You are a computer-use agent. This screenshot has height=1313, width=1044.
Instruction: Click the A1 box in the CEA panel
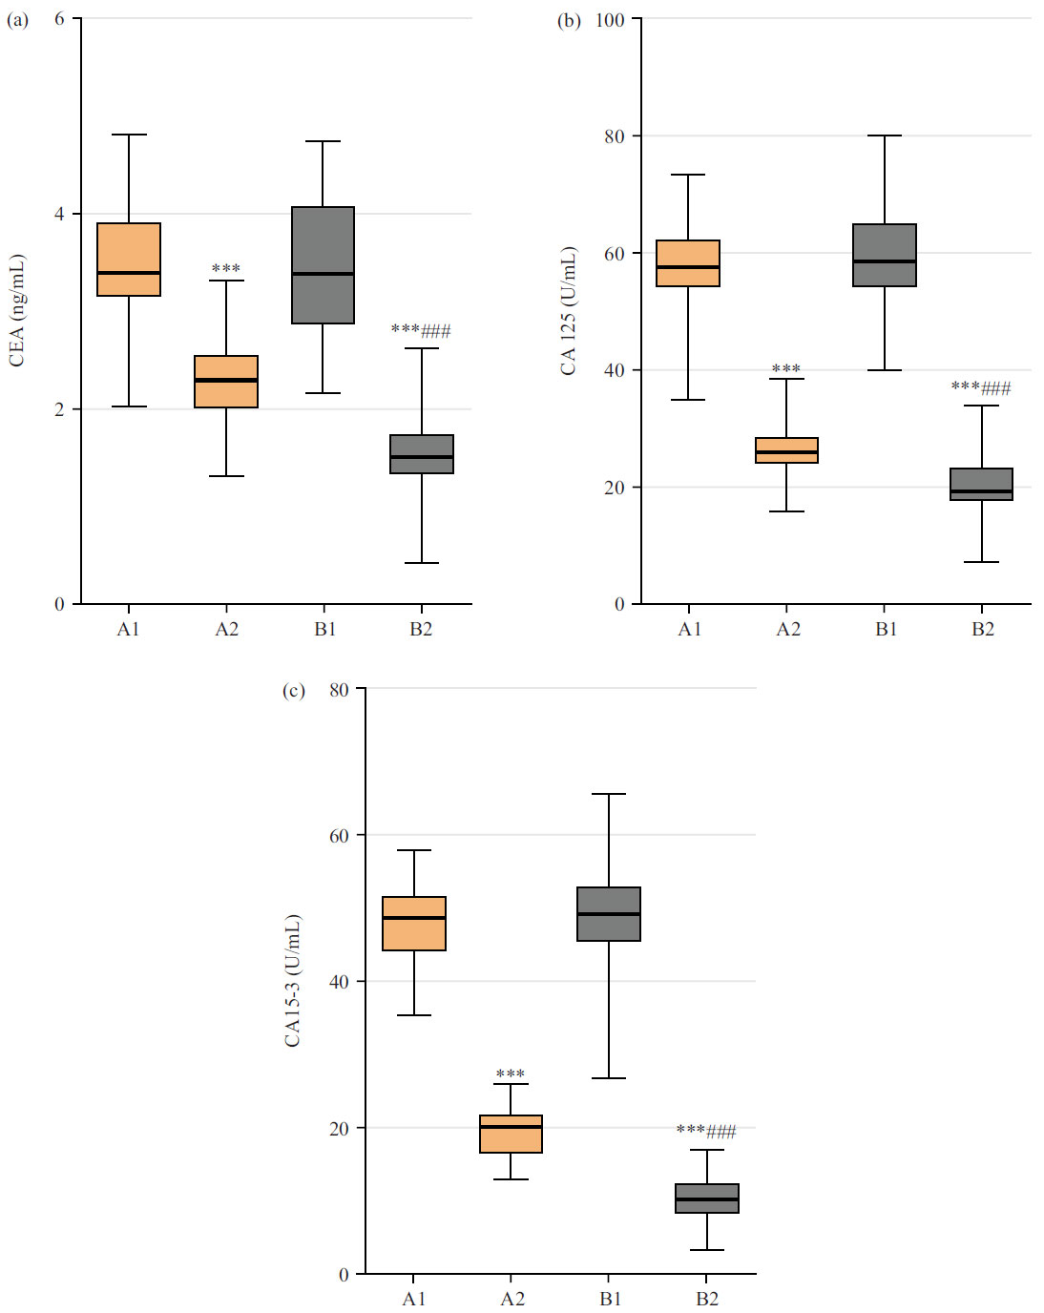pos(129,259)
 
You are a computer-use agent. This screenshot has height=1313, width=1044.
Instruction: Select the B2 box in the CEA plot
pos(422,454)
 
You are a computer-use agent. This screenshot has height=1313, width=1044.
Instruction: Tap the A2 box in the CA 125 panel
pos(786,449)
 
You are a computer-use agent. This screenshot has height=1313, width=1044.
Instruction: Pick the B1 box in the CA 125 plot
pos(885,255)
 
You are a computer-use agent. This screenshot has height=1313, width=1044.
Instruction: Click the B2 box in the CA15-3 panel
pos(707,1198)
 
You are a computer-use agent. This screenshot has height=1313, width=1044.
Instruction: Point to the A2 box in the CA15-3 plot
pos(511,1134)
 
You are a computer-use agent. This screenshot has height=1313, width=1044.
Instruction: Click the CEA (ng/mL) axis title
pos(16,310)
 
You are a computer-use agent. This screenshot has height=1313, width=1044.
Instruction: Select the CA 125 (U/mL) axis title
pos(568,310)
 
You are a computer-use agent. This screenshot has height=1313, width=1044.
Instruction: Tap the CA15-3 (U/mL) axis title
pos(292,980)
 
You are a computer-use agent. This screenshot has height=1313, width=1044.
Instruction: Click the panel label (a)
pos(18,19)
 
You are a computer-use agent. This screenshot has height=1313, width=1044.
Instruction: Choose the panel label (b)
pos(569,20)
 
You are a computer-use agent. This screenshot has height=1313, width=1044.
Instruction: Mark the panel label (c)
pos(294,690)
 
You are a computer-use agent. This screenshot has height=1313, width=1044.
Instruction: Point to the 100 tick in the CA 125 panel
pos(610,20)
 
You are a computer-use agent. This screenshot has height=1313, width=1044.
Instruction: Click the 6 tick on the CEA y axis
pos(59,19)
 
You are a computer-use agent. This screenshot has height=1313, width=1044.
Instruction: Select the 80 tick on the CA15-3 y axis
pos(339,690)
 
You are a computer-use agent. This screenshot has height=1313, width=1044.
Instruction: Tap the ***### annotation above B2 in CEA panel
pos(421,331)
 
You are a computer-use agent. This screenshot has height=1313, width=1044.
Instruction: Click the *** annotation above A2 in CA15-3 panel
pos(511,1074)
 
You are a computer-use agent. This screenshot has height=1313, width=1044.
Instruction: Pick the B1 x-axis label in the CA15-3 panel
pos(610,1299)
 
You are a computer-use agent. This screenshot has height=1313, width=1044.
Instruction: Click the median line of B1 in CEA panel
pos(323,274)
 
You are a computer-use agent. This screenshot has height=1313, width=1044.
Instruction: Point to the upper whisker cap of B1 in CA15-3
pos(609,794)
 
